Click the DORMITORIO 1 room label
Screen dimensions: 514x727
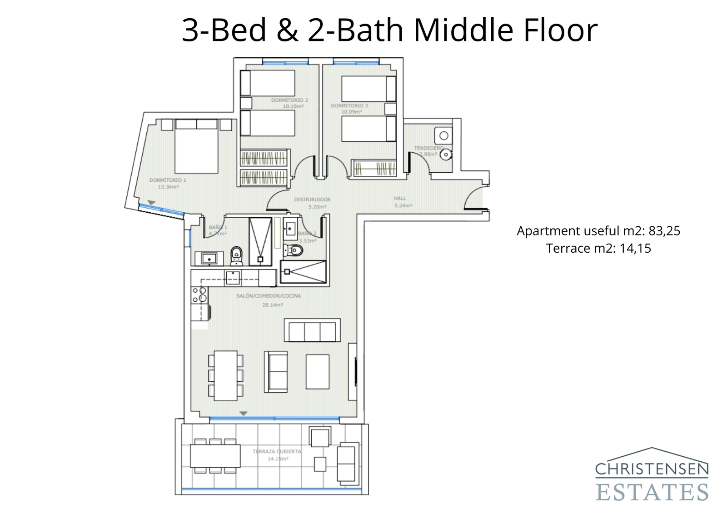click(168, 180)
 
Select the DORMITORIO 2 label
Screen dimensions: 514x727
click(289, 100)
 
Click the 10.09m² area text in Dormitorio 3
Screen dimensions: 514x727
click(351, 112)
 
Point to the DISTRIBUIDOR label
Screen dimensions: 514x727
click(312, 200)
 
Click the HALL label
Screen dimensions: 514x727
click(400, 199)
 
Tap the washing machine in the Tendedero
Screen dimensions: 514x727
click(443, 135)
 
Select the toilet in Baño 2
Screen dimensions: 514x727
click(294, 250)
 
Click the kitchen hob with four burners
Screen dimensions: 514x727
click(199, 294)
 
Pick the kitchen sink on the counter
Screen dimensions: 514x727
click(233, 278)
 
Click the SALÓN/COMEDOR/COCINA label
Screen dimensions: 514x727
click(269, 296)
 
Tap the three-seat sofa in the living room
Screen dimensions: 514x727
click(312, 330)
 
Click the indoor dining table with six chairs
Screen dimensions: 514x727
click(226, 375)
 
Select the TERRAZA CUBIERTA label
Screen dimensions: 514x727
click(277, 452)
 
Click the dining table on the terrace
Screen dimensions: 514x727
click(215, 456)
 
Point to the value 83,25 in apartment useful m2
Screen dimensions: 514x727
click(664, 231)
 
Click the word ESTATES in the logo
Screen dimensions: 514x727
click(652, 493)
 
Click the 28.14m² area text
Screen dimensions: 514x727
click(272, 305)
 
